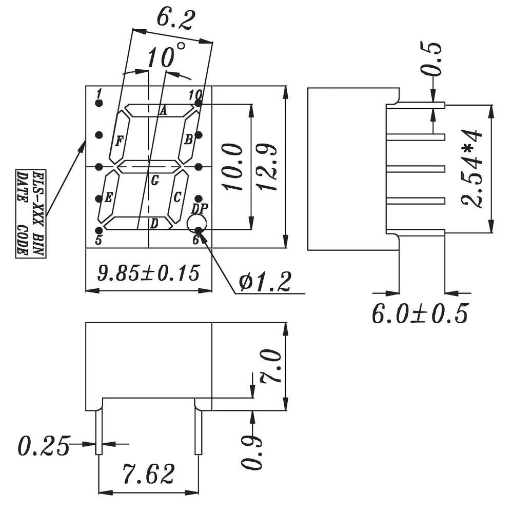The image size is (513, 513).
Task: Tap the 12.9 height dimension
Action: (x=270, y=167)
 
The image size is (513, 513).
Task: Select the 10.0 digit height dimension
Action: (x=234, y=167)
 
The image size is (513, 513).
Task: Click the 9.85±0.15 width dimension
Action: (x=148, y=272)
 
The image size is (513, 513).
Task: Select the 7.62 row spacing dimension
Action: (x=149, y=474)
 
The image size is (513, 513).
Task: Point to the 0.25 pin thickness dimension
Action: (x=44, y=445)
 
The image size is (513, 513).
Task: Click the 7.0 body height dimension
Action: (x=271, y=366)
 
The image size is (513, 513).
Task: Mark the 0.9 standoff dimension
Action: (x=252, y=451)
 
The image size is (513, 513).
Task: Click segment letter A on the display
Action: (x=164, y=111)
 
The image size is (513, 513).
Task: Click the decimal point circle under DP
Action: (x=196, y=224)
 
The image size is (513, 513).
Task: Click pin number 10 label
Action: (x=195, y=94)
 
